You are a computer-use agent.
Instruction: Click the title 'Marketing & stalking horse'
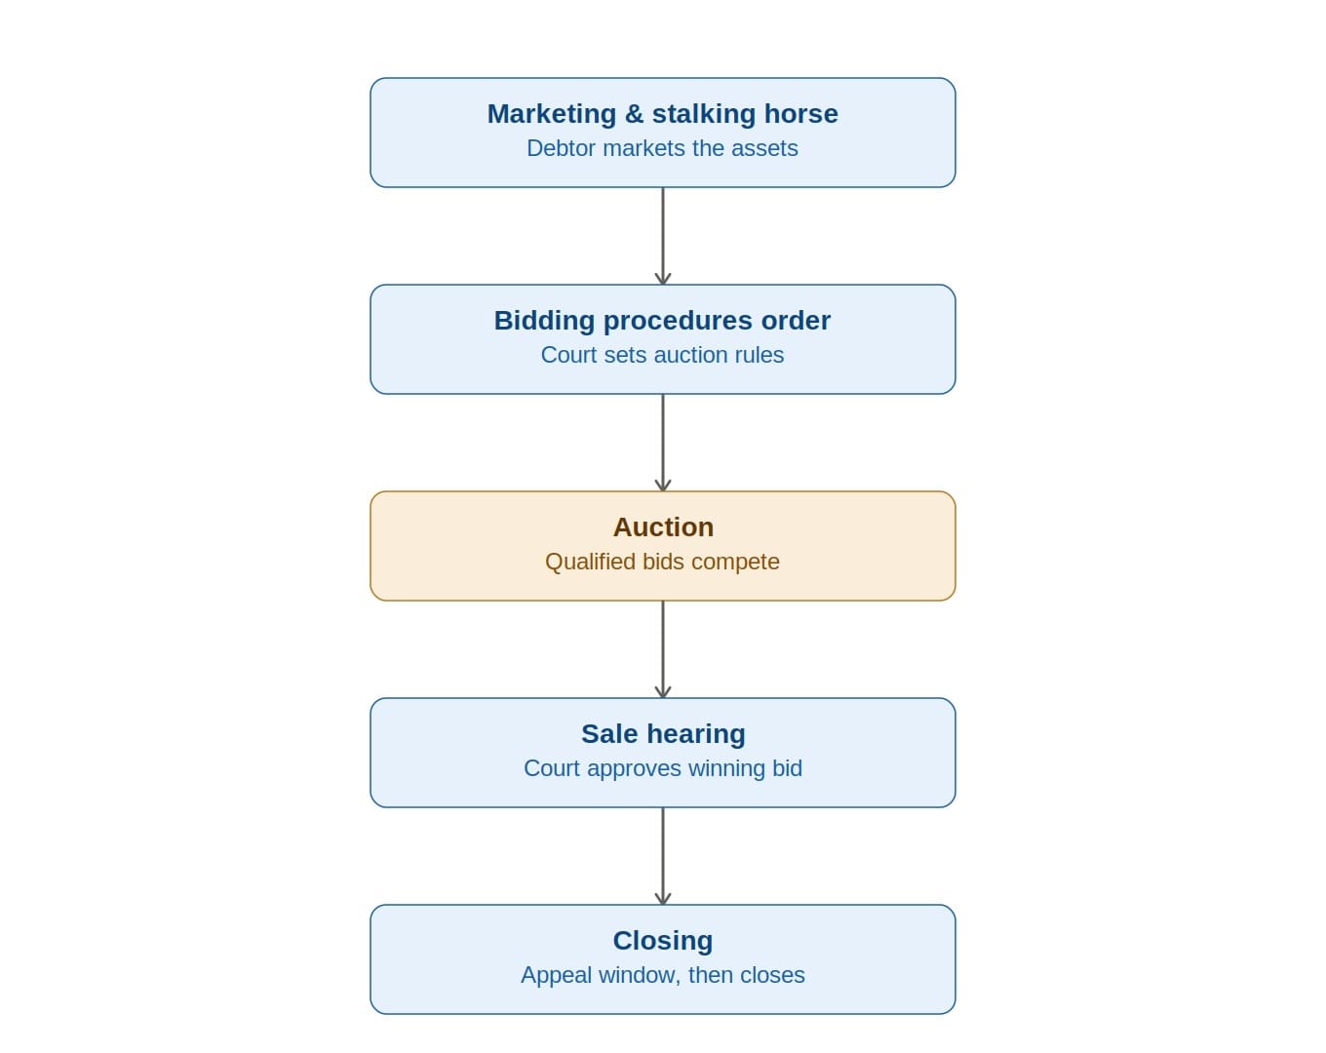pos(662,114)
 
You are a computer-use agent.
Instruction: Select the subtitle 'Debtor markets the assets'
pos(662,148)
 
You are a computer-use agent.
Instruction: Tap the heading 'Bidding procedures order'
pos(662,321)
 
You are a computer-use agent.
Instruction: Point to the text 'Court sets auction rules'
pos(662,355)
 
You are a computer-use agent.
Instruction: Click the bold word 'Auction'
pos(663,527)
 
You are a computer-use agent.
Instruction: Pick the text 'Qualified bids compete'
pos(662,563)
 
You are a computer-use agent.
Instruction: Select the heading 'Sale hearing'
pos(663,734)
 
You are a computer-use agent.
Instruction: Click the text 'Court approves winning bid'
pos(663,769)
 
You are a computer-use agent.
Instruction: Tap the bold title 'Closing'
pos(663,942)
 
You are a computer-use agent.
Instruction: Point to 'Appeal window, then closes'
pos(663,976)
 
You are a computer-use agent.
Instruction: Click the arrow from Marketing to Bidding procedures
pos(663,236)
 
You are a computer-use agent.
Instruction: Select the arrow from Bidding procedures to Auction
pos(663,443)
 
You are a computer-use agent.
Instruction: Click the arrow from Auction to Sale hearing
pos(663,649)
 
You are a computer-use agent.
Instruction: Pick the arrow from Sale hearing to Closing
pos(663,856)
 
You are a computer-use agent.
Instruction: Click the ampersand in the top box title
pos(634,114)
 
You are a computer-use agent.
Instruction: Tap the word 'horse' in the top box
pos(801,115)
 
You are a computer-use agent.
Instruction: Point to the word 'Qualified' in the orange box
pos(591,563)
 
